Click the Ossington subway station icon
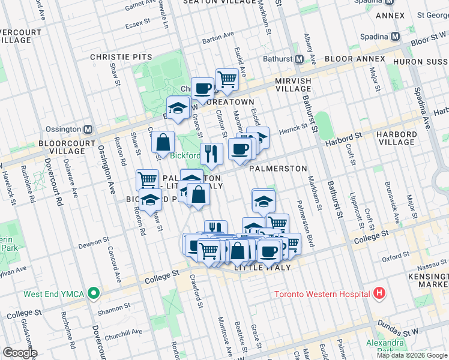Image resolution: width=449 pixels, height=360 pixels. [88, 129]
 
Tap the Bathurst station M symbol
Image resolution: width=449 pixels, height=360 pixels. [299, 59]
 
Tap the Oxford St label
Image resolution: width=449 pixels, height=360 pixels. [394, 257]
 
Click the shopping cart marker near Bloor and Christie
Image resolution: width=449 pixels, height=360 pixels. [226, 79]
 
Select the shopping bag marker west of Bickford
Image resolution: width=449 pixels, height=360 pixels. [163, 143]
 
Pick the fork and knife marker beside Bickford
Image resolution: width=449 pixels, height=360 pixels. [211, 154]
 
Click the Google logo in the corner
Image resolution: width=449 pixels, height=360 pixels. [20, 353]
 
